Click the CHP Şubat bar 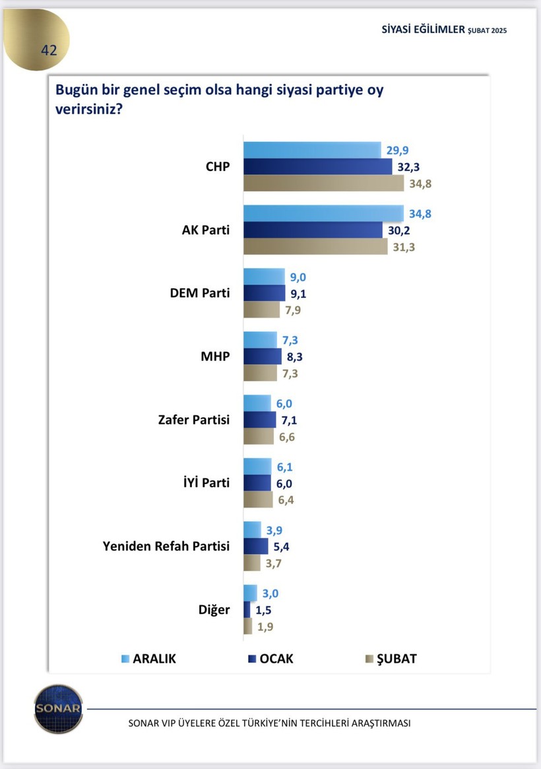point(323,184)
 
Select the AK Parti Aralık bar point(323,213)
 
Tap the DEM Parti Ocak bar point(262,293)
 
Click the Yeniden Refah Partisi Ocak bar point(256,547)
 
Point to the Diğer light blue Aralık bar point(250,593)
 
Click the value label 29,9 point(398,150)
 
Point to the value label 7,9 point(292,310)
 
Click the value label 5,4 point(283,547)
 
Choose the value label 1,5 point(264,609)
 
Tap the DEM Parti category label point(200,292)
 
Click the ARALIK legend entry point(148,659)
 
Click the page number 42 point(49,50)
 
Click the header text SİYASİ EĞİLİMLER point(424,30)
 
